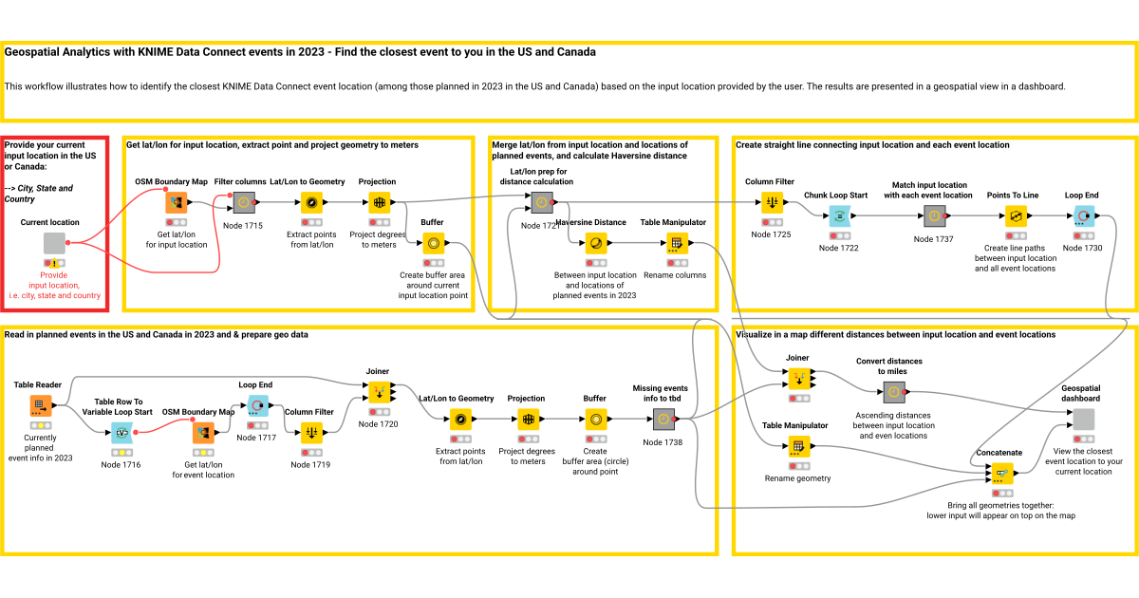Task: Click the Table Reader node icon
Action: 41,405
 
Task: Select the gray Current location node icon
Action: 54,243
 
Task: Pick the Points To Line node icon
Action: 1015,216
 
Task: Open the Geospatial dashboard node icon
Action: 1083,420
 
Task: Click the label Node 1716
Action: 121,464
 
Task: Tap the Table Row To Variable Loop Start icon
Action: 121,433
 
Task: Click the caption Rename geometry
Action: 797,478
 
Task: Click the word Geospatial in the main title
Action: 35,52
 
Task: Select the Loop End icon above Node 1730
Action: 1082,216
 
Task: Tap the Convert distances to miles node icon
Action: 892,391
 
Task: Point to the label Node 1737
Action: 933,239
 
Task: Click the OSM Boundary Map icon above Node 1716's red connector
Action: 202,433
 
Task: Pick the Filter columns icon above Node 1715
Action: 245,202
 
